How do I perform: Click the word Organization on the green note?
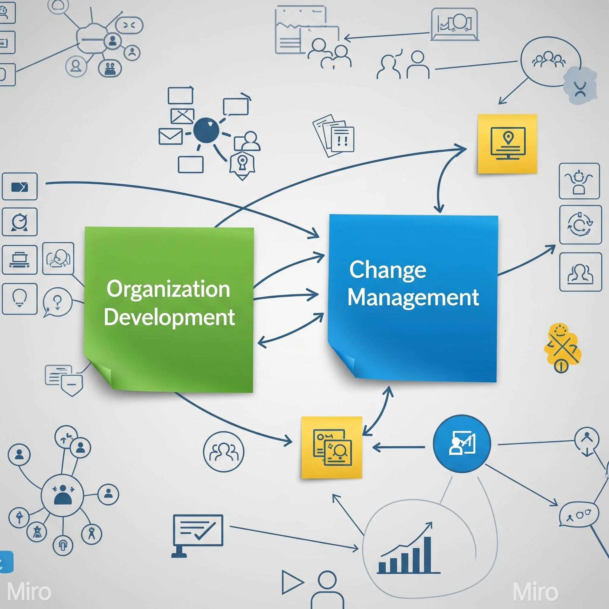tap(168, 289)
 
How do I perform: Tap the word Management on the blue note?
tap(413, 297)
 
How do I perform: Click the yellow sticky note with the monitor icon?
tap(507, 144)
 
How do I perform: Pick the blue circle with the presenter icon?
tap(462, 443)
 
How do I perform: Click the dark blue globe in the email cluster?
tap(206, 130)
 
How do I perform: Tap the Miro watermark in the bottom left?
tap(29, 592)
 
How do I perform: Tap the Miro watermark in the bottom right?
tap(535, 592)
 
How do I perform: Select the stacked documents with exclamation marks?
tap(334, 136)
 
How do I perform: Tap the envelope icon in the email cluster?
tap(170, 136)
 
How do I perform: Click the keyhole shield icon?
tap(241, 164)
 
